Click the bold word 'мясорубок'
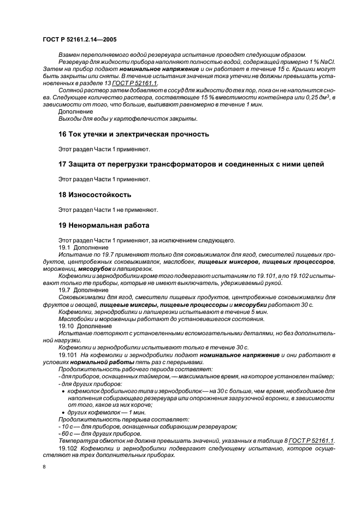96,269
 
